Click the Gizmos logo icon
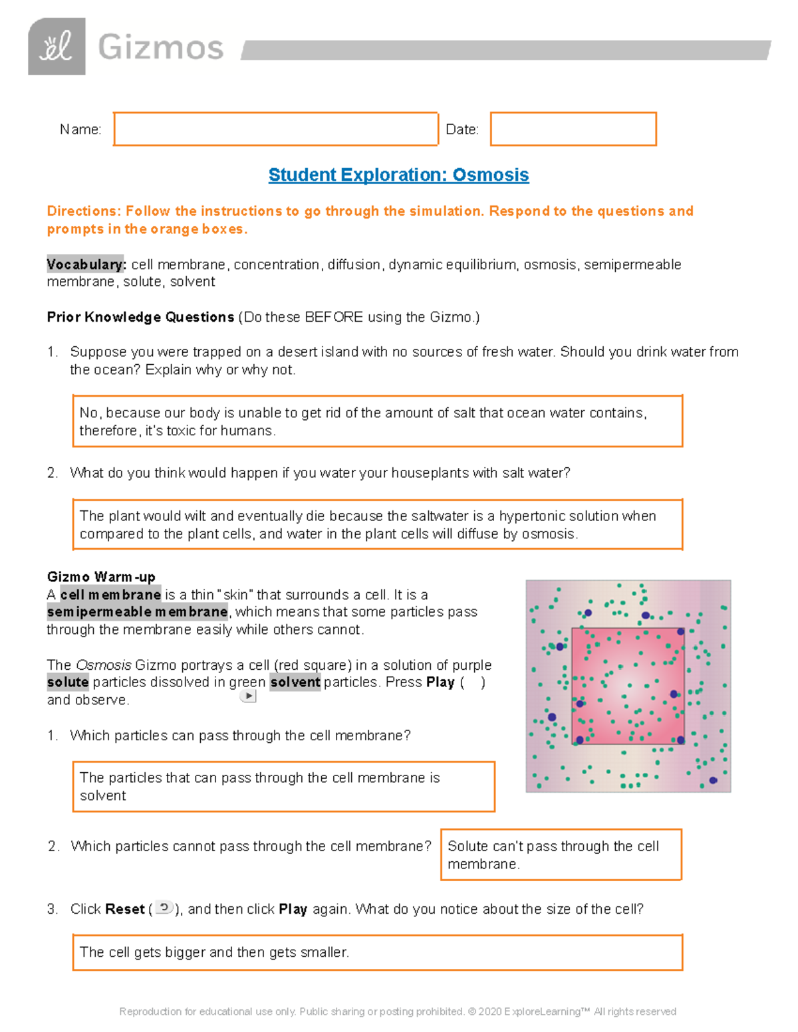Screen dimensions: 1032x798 point(57,47)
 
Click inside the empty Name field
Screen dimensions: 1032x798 point(275,129)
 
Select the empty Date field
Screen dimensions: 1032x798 point(573,129)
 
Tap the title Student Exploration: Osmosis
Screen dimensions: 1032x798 point(398,175)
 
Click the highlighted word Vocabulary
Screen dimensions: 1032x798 point(86,264)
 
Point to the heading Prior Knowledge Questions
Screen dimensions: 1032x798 point(140,317)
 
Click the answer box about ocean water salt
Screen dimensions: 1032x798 point(377,421)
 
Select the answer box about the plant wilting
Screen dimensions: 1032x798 point(377,524)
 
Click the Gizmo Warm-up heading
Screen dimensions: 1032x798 point(101,577)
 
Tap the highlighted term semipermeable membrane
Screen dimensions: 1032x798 point(137,612)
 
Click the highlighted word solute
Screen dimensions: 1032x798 point(68,682)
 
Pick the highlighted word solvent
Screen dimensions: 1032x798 point(295,682)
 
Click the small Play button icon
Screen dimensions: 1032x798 point(248,696)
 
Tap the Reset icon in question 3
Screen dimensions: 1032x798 point(164,908)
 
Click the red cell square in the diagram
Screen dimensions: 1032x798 point(628,686)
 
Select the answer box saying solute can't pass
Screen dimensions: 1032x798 point(561,855)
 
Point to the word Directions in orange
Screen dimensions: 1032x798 point(82,211)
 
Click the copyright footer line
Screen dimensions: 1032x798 point(398,1011)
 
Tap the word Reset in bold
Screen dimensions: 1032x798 point(125,909)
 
